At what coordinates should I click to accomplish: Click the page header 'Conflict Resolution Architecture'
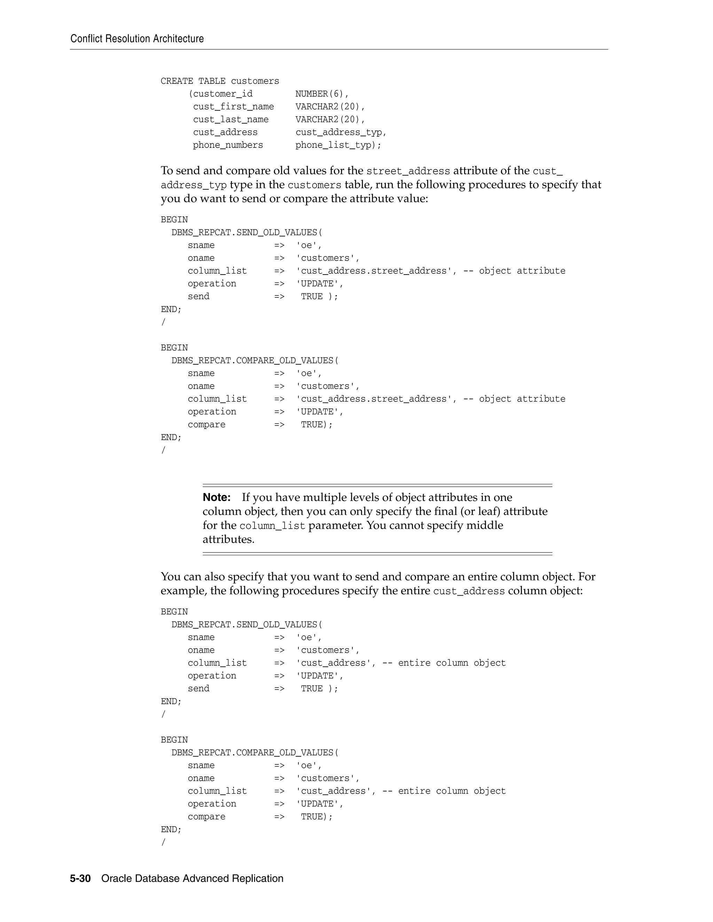pyautogui.click(x=137, y=39)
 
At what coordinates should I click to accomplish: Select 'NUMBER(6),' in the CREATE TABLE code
pyautogui.click(x=322, y=94)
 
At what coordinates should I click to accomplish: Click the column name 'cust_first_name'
pyautogui.click(x=234, y=107)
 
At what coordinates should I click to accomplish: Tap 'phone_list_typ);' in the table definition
pyautogui.click(x=338, y=145)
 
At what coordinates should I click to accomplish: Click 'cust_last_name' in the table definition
pyautogui.click(x=230, y=119)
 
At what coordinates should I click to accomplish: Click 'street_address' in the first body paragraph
pyautogui.click(x=408, y=171)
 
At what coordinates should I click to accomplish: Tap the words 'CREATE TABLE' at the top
pyautogui.click(x=193, y=81)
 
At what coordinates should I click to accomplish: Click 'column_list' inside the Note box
pyautogui.click(x=272, y=526)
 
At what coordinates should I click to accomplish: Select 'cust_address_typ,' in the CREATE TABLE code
pyautogui.click(x=341, y=133)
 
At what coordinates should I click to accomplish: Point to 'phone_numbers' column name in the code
pyautogui.click(x=228, y=145)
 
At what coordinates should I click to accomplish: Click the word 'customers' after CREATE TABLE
pyautogui.click(x=255, y=81)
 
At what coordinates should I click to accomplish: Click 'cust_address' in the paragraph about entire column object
pyautogui.click(x=469, y=591)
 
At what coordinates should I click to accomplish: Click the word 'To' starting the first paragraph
pyautogui.click(x=166, y=170)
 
